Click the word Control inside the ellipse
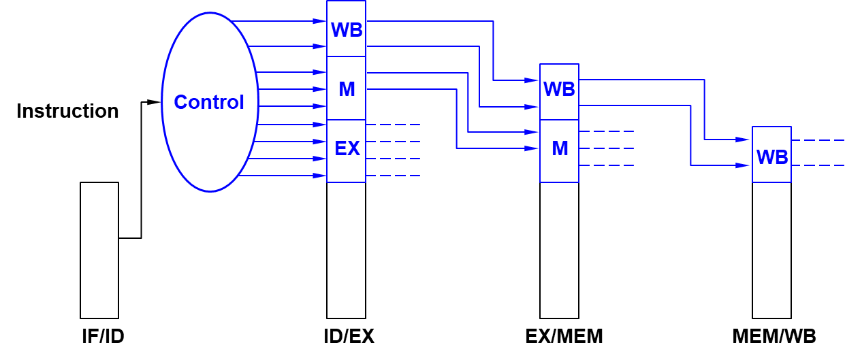(209, 102)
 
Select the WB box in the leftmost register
(346, 29)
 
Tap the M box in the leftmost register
(346, 88)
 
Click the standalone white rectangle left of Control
(99, 250)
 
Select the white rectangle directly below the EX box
(346, 250)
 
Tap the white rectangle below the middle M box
(559, 250)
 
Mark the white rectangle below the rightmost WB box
(771, 250)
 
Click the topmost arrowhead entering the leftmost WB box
(319, 21)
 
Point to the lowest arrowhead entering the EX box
(319, 176)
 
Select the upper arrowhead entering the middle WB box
(531, 80)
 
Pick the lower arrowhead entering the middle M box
(531, 148)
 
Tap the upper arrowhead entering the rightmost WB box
(742, 140)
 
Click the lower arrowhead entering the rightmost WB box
(742, 165)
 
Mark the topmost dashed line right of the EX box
(394, 125)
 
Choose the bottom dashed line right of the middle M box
(606, 165)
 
